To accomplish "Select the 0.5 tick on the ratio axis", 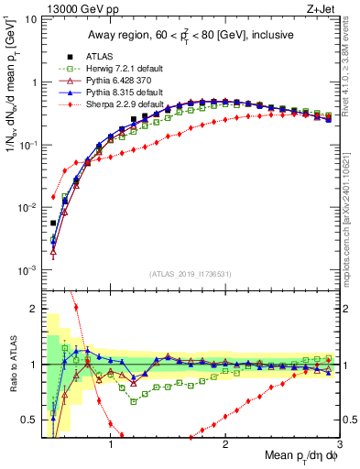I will (x=32, y=420).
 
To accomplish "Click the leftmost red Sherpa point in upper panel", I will (x=53, y=196).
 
